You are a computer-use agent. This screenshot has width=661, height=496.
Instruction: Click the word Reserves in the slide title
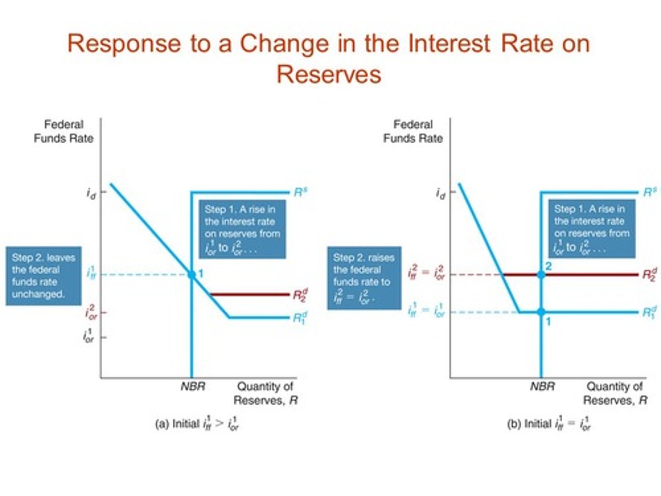(x=329, y=74)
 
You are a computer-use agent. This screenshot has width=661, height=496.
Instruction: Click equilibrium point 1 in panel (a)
(x=192, y=275)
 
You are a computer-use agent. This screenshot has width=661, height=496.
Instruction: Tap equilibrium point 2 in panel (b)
(x=541, y=275)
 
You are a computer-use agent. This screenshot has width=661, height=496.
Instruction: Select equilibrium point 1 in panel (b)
(x=541, y=312)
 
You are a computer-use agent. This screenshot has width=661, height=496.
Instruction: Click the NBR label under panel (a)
(x=193, y=386)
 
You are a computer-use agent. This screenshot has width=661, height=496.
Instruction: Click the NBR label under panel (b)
(x=542, y=386)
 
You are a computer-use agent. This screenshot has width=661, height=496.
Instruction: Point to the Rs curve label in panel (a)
(x=300, y=192)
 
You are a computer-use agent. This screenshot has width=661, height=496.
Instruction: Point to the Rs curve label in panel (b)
(x=650, y=192)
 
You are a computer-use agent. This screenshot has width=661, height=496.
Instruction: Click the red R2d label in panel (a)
(x=301, y=294)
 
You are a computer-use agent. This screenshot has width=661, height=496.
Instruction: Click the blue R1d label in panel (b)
(x=650, y=313)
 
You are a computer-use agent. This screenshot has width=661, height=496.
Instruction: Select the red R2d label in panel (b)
(x=650, y=275)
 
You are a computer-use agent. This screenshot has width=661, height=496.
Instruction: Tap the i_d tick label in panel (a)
(x=91, y=193)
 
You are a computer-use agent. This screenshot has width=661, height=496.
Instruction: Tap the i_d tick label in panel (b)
(x=440, y=193)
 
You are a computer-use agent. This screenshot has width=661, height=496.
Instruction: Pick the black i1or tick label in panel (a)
(x=89, y=337)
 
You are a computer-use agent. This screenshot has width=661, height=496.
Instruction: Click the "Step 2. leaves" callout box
(x=44, y=276)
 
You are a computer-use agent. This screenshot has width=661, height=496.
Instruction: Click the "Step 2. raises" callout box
(x=364, y=278)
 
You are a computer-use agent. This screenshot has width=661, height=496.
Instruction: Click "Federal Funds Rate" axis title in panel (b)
(x=413, y=131)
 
